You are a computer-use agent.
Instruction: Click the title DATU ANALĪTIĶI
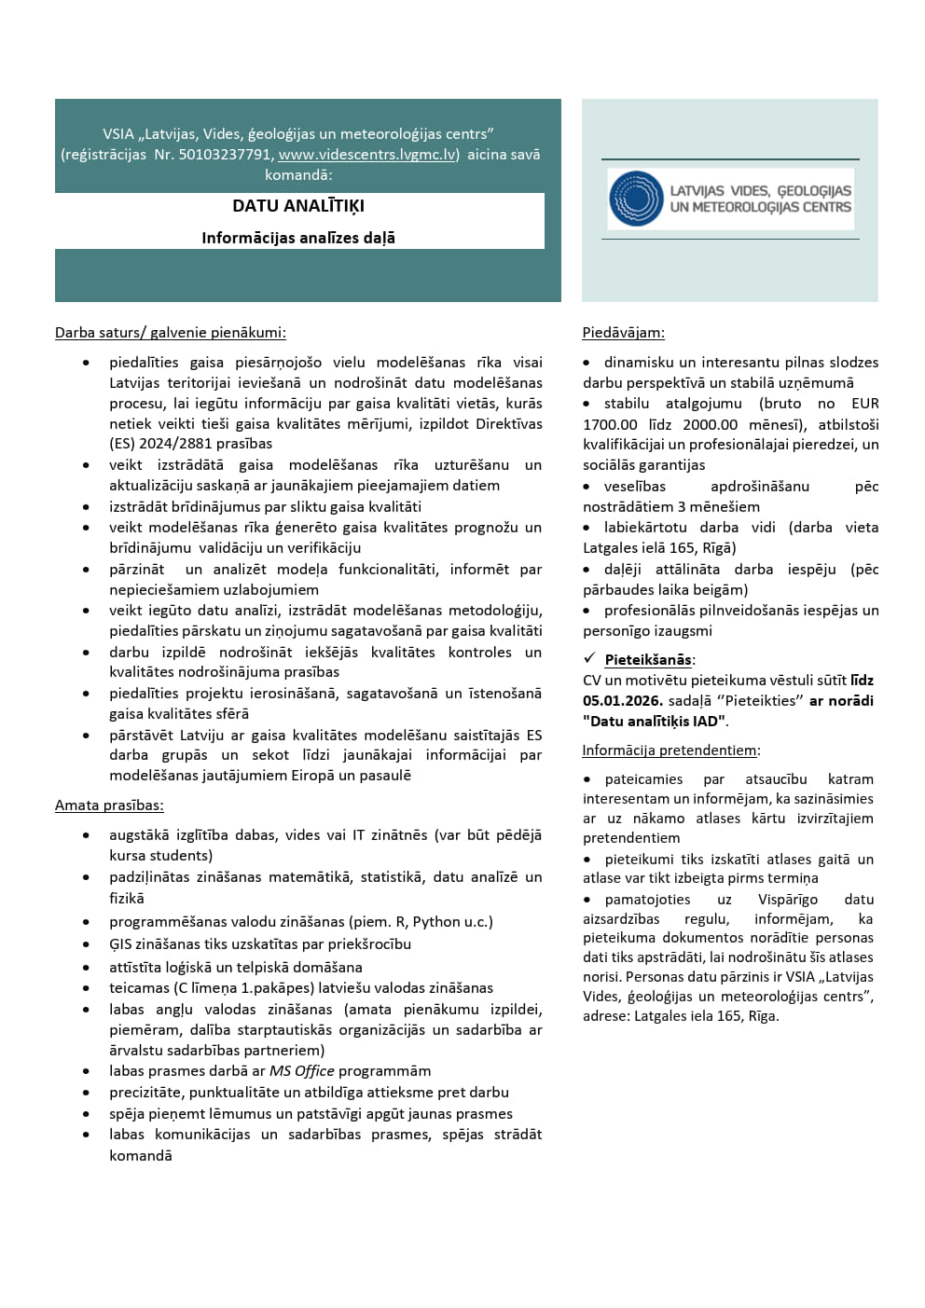tap(298, 206)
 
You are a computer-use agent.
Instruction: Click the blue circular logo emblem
tap(636, 199)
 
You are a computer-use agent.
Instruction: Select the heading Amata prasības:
tap(109, 805)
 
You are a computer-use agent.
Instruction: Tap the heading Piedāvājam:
tap(623, 333)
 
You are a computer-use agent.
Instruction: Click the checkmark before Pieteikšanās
tap(589, 658)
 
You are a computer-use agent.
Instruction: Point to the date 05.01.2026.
tap(623, 700)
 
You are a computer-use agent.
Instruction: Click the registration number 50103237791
tap(226, 155)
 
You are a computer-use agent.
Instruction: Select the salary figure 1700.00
tap(610, 424)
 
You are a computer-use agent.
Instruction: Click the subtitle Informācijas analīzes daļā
tap(298, 238)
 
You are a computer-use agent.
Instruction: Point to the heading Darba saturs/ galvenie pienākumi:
tap(171, 333)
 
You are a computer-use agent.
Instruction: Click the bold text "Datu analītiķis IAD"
tap(655, 721)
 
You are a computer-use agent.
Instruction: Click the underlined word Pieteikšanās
tap(648, 660)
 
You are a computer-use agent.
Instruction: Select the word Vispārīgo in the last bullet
tap(787, 900)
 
